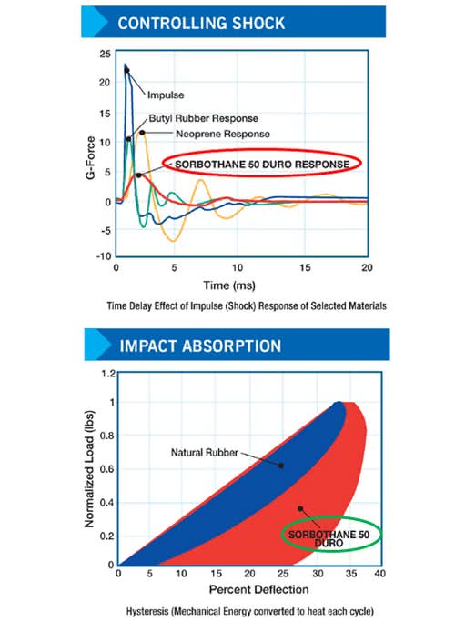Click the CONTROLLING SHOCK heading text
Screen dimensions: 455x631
(201, 23)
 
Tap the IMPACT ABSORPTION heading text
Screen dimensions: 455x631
(200, 346)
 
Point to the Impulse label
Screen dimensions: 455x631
(166, 95)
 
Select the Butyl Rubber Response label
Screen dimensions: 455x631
(203, 118)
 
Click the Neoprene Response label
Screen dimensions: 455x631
(223, 134)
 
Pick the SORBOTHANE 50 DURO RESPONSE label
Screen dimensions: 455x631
(262, 165)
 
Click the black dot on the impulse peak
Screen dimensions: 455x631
(126, 70)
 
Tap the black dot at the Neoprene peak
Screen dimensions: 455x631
(142, 133)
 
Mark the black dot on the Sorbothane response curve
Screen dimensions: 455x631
(138, 175)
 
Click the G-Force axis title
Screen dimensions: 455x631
(91, 158)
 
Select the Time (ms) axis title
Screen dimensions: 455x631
(229, 285)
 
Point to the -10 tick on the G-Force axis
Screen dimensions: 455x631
(104, 256)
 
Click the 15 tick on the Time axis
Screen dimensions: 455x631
(305, 267)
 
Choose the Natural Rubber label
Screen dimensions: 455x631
(205, 453)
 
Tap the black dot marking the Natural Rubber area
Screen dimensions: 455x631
(281, 466)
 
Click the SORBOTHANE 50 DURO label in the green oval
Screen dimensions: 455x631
(329, 539)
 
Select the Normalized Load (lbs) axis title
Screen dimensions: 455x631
(89, 469)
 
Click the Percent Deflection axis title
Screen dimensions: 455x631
(259, 589)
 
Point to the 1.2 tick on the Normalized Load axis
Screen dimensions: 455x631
(108, 374)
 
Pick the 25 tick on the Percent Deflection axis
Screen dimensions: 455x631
(283, 573)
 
